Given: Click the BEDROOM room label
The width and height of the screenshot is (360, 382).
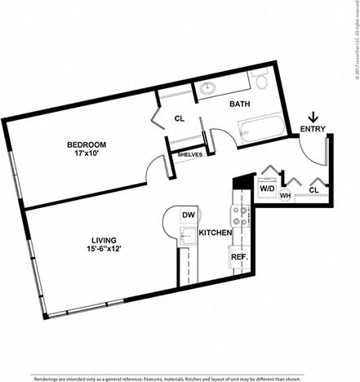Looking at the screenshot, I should tap(87, 144).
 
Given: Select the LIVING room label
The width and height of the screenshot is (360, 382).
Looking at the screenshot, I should tap(103, 240).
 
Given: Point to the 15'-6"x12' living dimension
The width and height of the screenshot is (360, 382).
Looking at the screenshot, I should tap(103, 251).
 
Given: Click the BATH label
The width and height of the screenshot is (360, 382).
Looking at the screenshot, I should tap(239, 104).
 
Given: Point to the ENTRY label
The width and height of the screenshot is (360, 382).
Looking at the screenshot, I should tap(313, 128).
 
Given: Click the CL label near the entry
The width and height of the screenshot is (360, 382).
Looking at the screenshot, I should tap(313, 189).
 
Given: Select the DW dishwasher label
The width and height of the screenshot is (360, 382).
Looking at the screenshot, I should tap(188, 215).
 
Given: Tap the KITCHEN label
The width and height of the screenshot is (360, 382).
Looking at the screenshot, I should tap(216, 233).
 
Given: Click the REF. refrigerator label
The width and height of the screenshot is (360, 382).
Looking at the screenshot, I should tap(238, 256).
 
